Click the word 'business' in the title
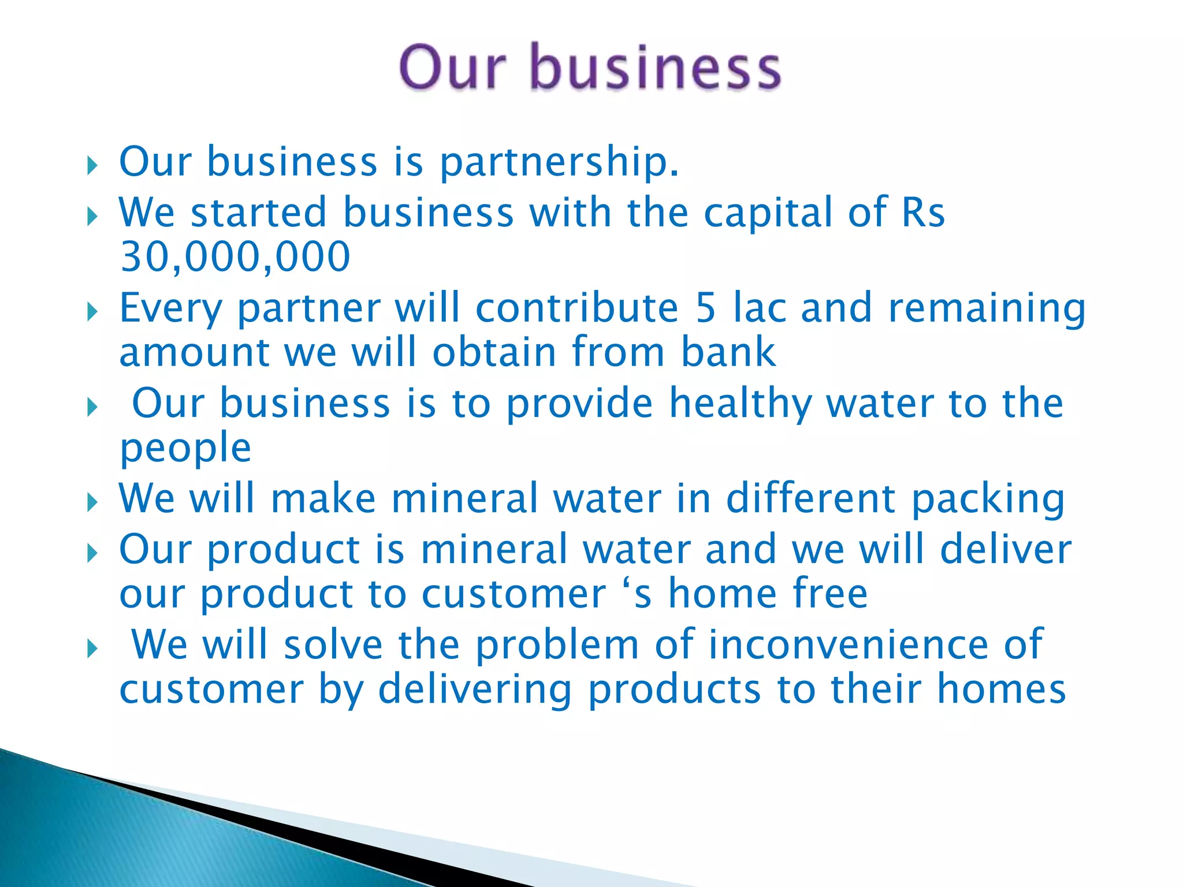[655, 68]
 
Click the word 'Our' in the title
[452, 68]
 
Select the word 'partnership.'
[559, 162]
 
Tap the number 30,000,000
[235, 256]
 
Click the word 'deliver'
[1006, 549]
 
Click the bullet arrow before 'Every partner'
[92, 312]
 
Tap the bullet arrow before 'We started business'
[92, 217]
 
